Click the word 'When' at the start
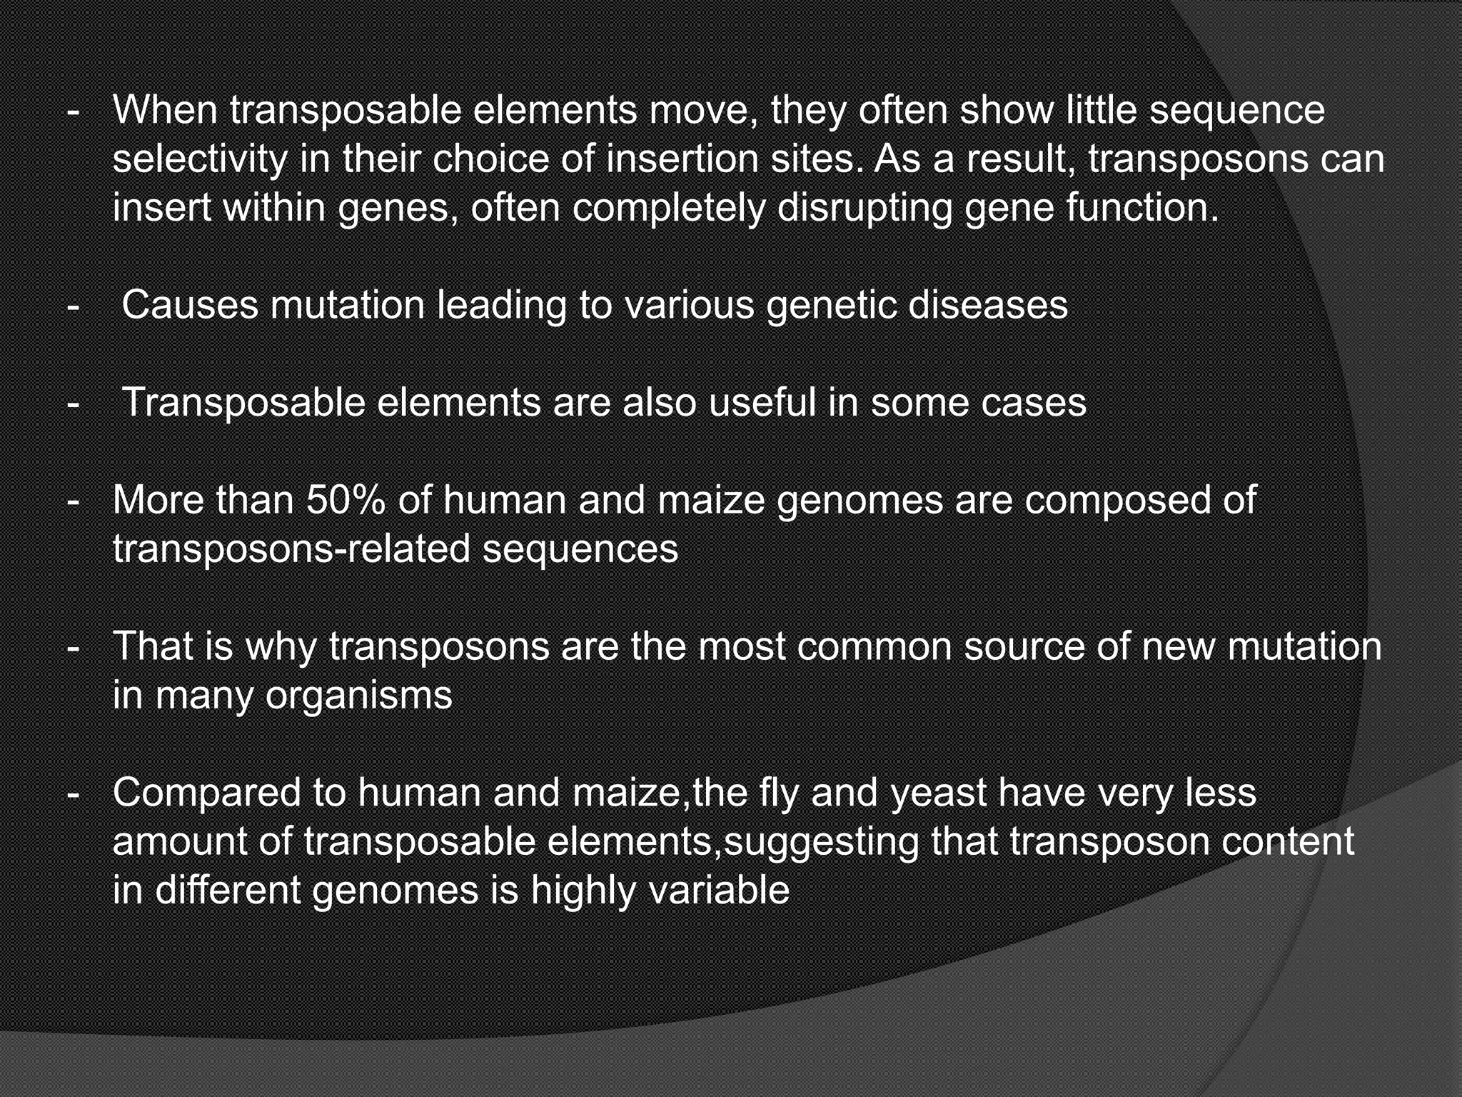click(x=163, y=110)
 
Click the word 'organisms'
click(x=358, y=696)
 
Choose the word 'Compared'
click(x=206, y=793)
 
